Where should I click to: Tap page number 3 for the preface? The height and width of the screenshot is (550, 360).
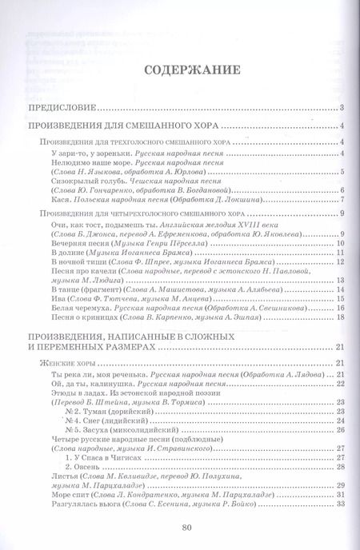pos(341,108)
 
